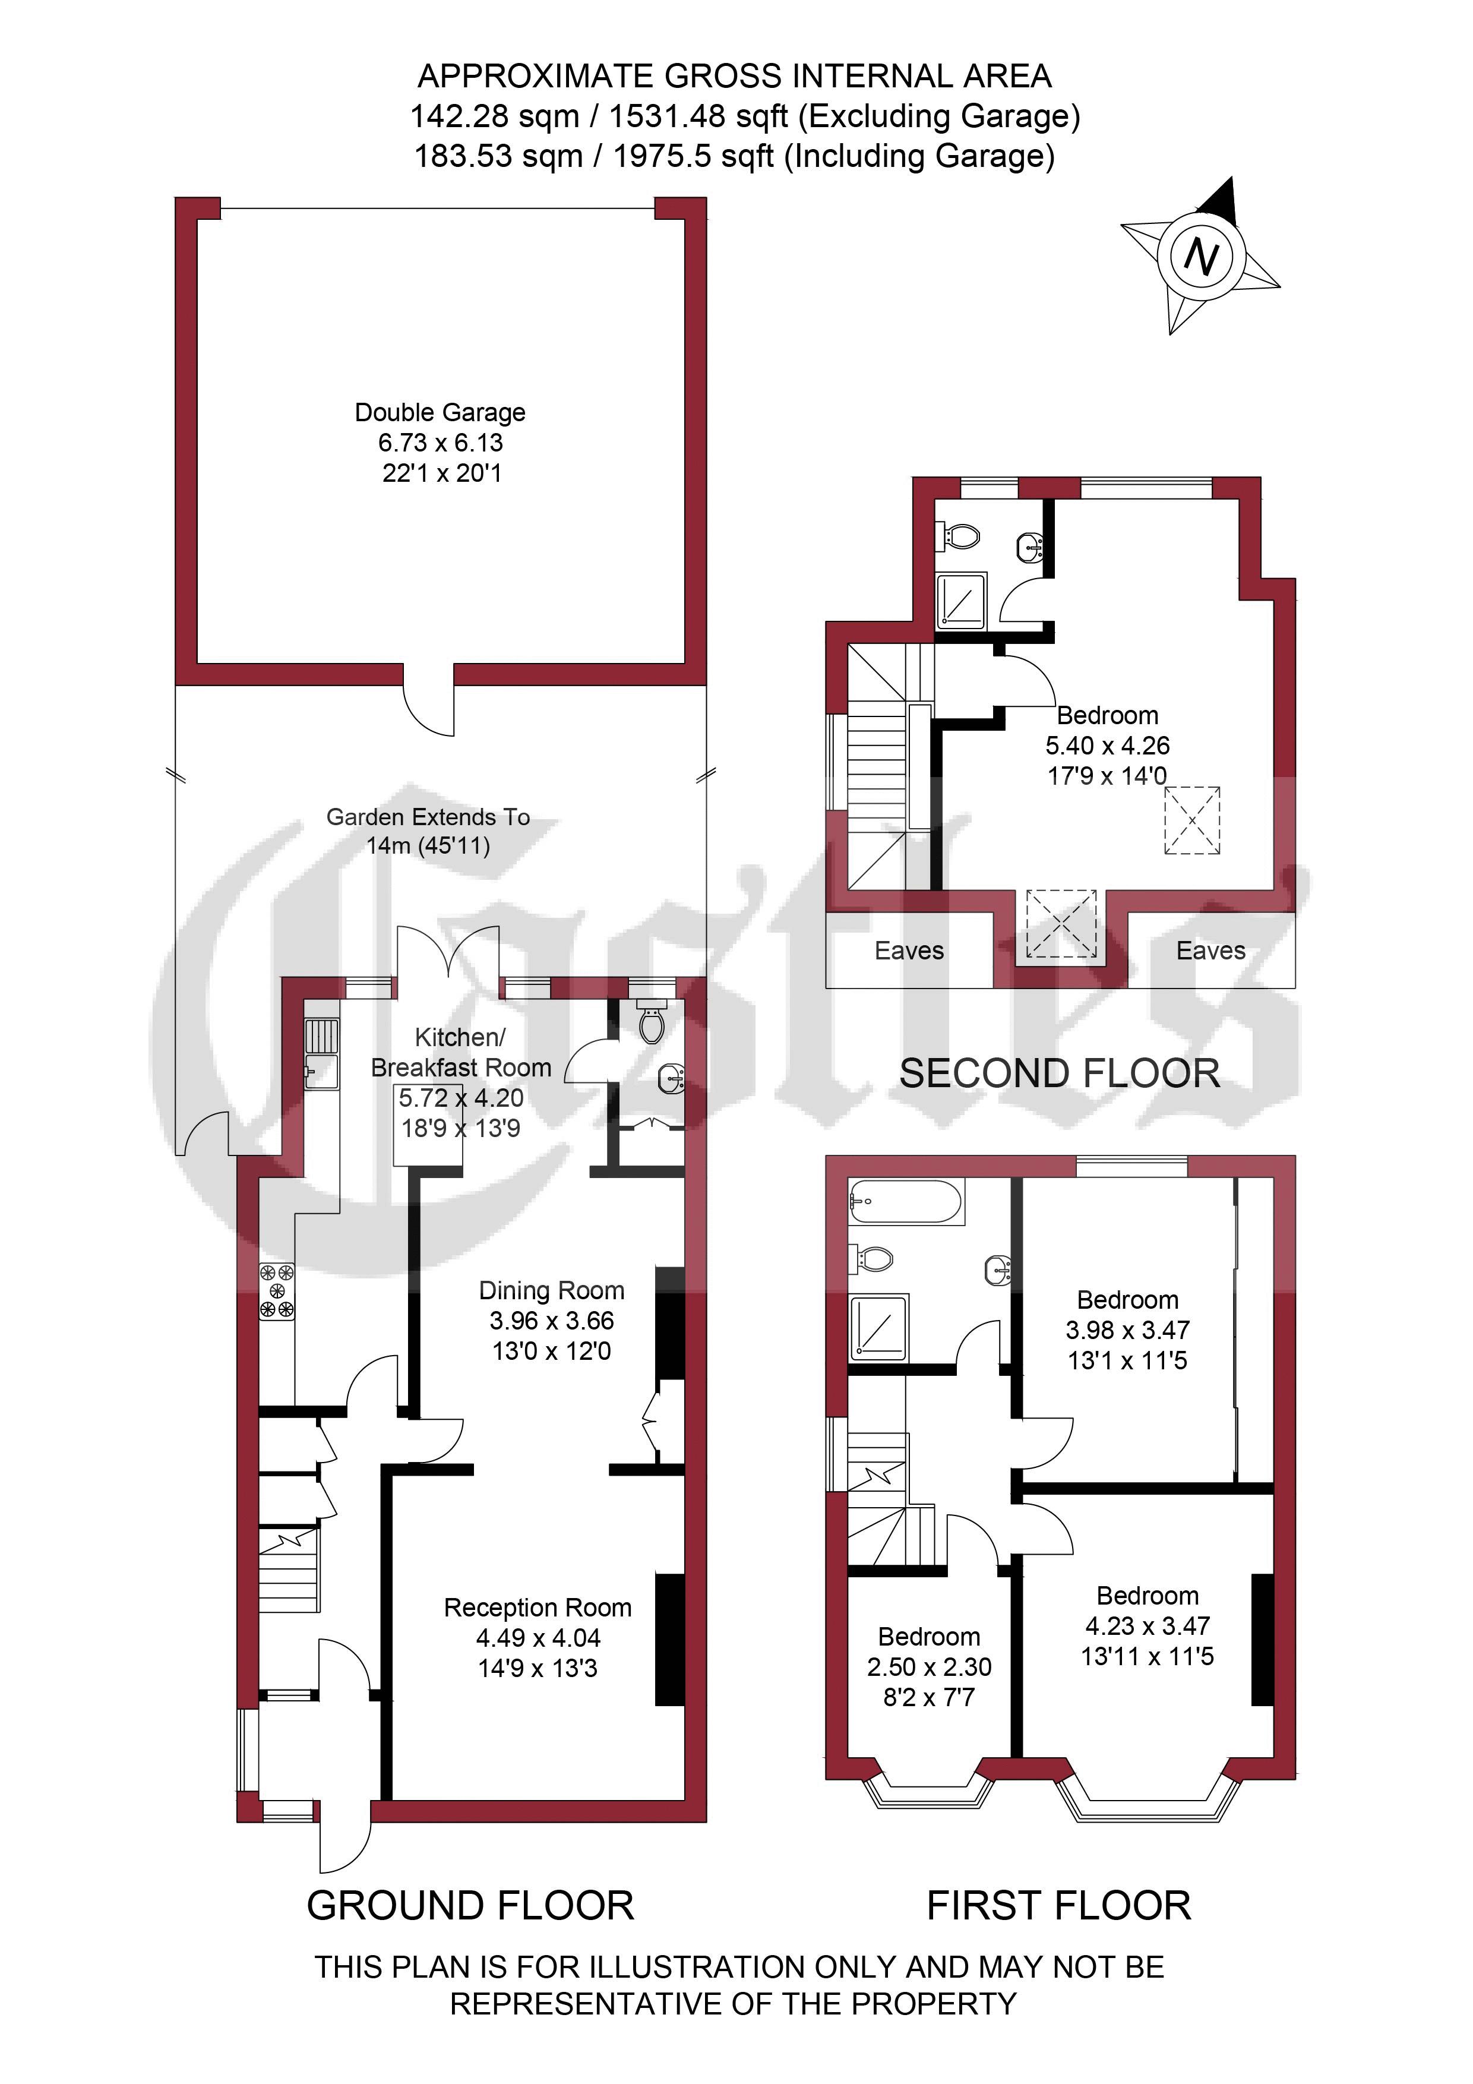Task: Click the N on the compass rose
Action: (1202, 257)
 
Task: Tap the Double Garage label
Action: (440, 412)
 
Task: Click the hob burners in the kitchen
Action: (277, 1291)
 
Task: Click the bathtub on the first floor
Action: (906, 1202)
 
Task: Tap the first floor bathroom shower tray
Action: (878, 1327)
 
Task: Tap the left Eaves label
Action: (909, 951)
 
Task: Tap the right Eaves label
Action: (1210, 951)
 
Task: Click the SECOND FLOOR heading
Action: (1059, 1073)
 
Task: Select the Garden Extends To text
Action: (428, 817)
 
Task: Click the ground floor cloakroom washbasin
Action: (671, 1079)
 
